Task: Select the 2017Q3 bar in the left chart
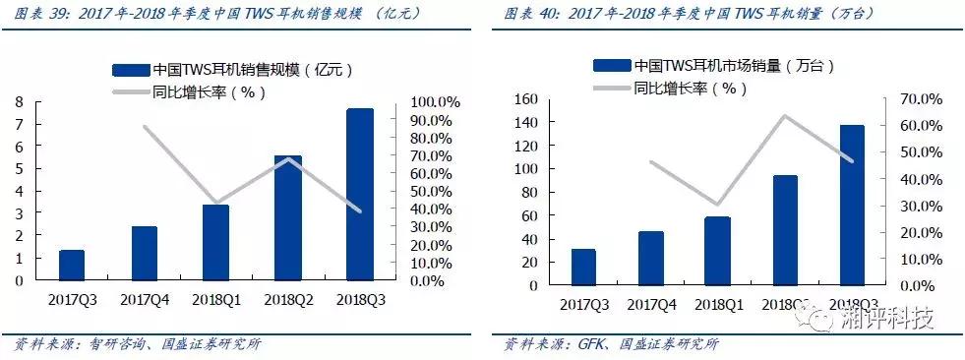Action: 72,265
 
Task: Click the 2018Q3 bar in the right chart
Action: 851,206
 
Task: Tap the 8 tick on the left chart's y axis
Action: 19,102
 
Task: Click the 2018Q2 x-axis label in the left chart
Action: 288,298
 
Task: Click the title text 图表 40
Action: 528,15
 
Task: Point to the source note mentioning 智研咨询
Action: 138,344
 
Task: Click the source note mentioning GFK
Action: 610,344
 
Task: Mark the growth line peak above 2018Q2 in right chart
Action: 784,116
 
